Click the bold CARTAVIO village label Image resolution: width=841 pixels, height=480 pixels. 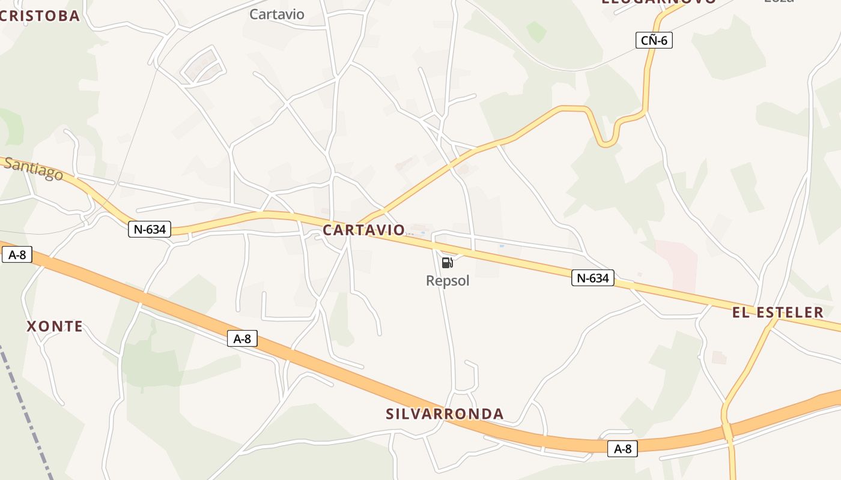pos(363,230)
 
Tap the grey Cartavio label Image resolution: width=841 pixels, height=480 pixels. pos(277,14)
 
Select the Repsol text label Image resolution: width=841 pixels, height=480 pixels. pos(448,281)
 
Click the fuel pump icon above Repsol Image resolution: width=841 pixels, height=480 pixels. pos(447,263)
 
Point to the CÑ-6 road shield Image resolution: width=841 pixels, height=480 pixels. pos(654,41)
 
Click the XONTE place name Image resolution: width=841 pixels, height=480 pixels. pos(55,326)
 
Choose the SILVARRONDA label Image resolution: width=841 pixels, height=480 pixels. pos(445,414)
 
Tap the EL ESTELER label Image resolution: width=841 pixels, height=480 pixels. pos(777,312)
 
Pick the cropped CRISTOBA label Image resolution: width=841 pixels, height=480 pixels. pos(40,16)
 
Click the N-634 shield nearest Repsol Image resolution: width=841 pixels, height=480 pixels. pos(592,278)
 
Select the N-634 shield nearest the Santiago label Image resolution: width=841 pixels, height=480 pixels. pos(150,229)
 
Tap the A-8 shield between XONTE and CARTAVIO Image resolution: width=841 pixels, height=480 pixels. pos(242,339)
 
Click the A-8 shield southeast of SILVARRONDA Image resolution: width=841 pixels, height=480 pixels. pos(622,448)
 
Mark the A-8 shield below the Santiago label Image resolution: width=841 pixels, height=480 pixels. pos(16,254)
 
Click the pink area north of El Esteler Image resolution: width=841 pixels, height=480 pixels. pos(677,264)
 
